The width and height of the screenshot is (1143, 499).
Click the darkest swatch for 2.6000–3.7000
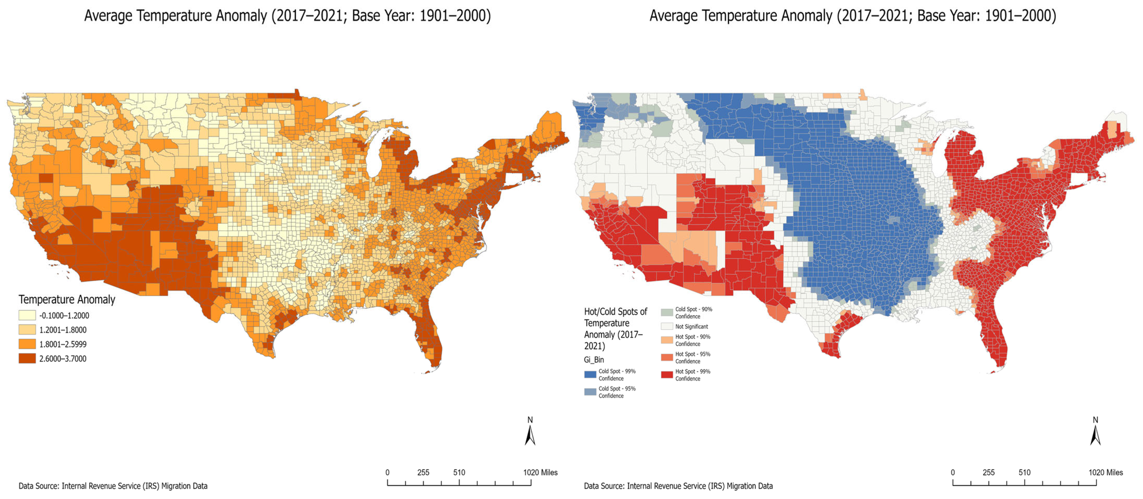click(27, 359)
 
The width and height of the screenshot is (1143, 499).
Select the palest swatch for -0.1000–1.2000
click(27, 315)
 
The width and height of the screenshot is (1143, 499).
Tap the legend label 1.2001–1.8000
click(63, 330)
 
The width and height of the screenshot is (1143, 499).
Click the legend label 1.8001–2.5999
click(63, 345)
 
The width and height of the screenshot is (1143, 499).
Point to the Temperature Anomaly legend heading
click(67, 300)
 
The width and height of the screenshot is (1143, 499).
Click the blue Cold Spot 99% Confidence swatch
click(590, 375)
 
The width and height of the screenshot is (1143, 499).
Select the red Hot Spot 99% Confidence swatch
click(667, 375)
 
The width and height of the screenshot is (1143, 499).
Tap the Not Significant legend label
click(691, 327)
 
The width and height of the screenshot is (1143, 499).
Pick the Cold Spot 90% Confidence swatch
click(667, 313)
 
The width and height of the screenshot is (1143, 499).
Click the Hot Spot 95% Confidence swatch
click(667, 357)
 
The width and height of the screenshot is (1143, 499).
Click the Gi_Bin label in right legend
click(593, 360)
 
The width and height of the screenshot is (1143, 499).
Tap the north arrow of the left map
click(530, 434)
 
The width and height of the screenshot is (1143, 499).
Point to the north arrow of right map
click(1095, 434)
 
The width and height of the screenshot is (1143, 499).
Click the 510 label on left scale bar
click(459, 473)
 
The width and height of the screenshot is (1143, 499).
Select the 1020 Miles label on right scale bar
click(1105, 473)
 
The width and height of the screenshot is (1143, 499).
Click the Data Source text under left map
click(113, 486)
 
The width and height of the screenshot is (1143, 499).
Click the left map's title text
click(287, 16)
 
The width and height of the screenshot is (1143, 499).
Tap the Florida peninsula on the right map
click(992, 334)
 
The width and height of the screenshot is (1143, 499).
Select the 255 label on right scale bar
click(988, 473)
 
